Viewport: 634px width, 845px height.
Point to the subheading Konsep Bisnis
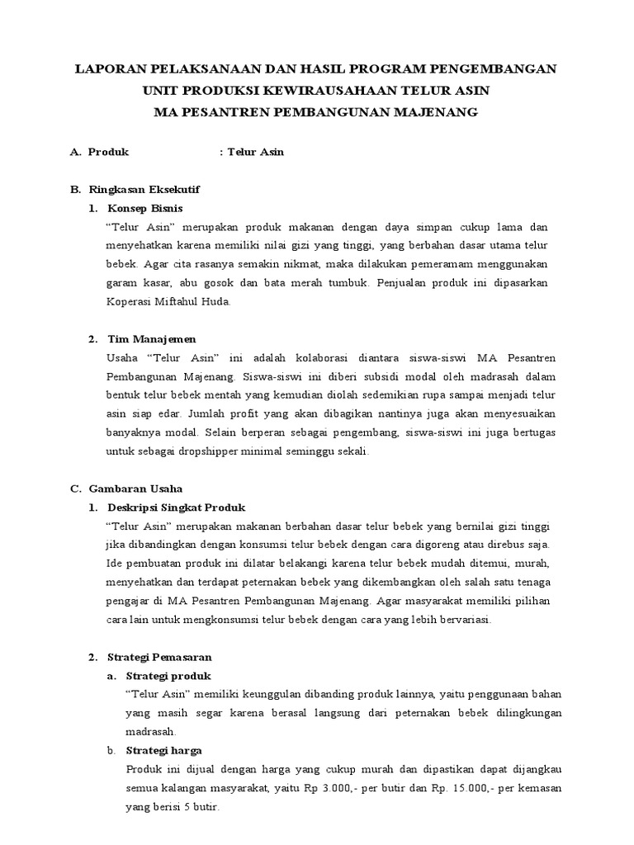click(145, 208)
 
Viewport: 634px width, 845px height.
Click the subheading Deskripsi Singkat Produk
click(177, 507)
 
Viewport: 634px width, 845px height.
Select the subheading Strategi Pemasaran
click(160, 658)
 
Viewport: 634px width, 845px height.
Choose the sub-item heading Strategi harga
click(163, 751)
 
